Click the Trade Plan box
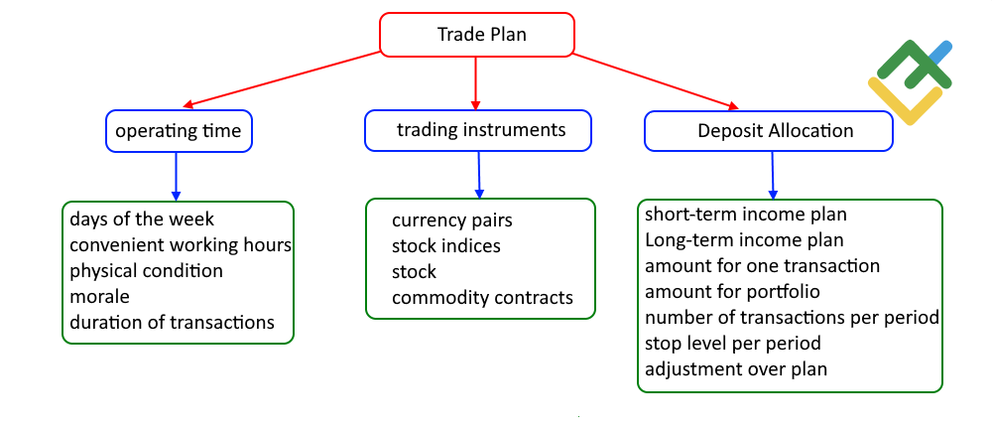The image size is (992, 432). click(x=477, y=35)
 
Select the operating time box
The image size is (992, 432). click(x=179, y=131)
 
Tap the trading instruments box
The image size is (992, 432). click(x=478, y=130)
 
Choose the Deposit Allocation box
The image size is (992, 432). click(x=770, y=131)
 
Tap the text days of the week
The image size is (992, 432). click(x=142, y=218)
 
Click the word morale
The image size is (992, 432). click(x=100, y=296)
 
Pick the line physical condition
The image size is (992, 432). click(x=146, y=270)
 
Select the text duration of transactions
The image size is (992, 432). click(x=172, y=322)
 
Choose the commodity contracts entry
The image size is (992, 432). click(x=482, y=297)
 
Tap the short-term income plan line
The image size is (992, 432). click(x=746, y=215)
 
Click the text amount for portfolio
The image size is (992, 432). click(x=732, y=292)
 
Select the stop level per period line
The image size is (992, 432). click(x=732, y=344)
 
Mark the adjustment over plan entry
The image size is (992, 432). click(x=736, y=369)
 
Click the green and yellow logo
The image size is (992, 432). click(x=911, y=81)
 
